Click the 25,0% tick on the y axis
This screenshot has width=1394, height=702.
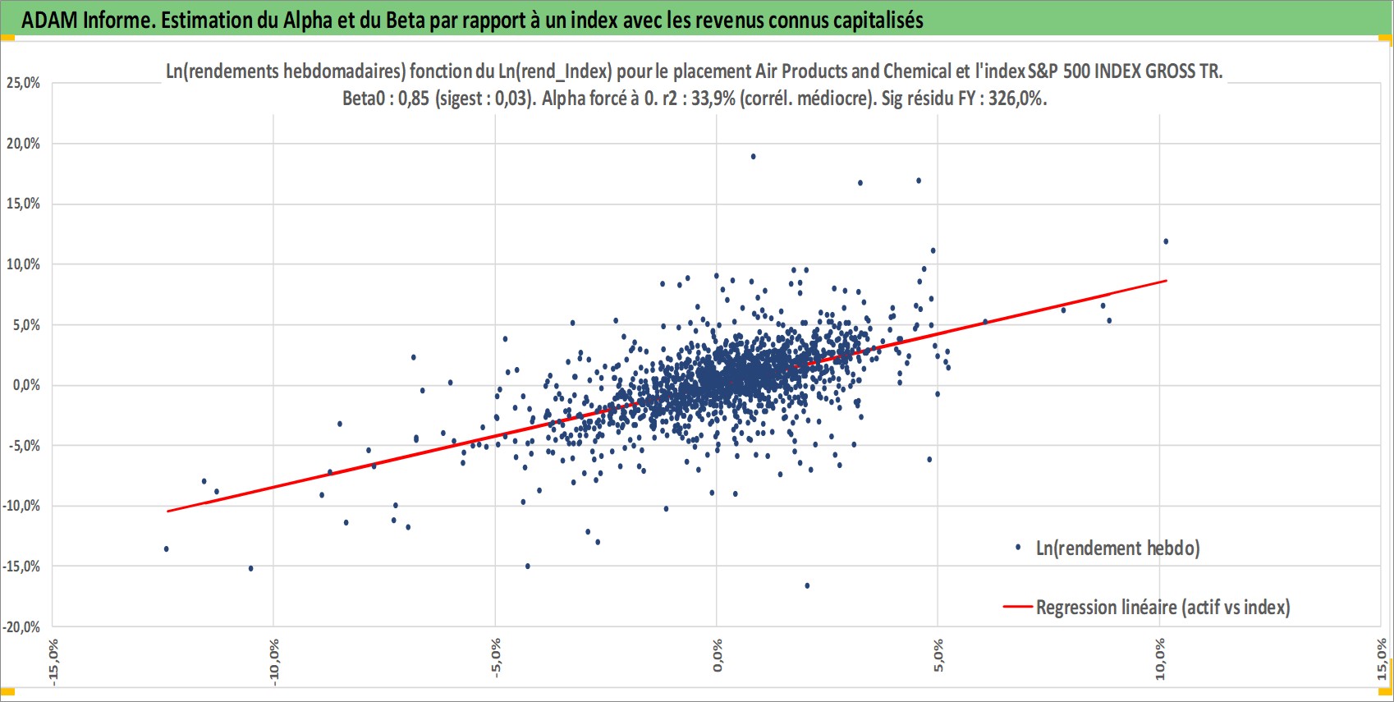(23, 83)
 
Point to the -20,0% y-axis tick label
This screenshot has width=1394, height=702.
(21, 626)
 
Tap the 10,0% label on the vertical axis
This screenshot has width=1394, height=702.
(23, 264)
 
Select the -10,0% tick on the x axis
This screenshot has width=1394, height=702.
(274, 662)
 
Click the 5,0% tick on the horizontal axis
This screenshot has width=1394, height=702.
(938, 655)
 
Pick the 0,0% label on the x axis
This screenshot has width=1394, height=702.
(717, 655)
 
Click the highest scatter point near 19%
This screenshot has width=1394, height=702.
(753, 157)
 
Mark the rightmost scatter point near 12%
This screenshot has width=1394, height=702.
(1166, 241)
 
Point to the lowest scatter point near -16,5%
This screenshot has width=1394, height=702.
(807, 585)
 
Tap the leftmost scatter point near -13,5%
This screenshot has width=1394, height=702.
(166, 549)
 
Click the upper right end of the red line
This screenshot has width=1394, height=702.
(1167, 281)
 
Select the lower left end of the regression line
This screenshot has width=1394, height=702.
(167, 512)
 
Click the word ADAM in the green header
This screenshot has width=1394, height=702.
(49, 21)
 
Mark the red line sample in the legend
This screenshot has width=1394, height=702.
(1018, 607)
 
